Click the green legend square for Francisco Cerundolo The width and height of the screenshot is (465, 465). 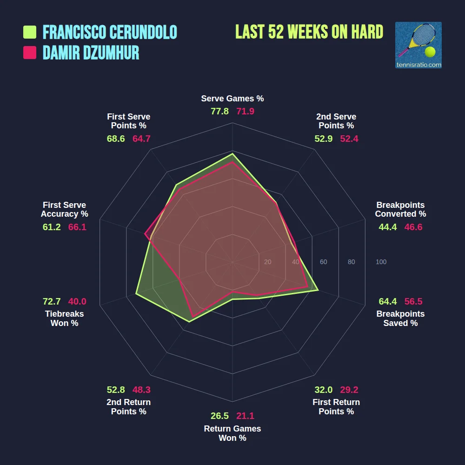coord(30,32)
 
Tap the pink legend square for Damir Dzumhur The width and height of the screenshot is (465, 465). coord(30,53)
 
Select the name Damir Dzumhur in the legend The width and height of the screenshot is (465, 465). coord(91,53)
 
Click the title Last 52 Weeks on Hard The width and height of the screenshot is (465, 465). coord(309,32)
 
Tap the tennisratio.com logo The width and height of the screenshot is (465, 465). coord(418,45)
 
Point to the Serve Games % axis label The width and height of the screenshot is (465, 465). coord(232,99)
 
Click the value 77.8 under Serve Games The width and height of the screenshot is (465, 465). coord(219,112)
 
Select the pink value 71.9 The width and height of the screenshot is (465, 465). coord(246,112)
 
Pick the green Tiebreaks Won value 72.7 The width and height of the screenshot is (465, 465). coord(52,301)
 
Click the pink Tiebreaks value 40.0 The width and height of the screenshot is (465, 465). coord(77,301)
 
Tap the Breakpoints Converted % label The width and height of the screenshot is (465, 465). coord(400,209)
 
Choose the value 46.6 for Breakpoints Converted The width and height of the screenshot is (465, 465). coord(413,227)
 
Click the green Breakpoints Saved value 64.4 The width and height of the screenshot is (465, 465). coord(388,301)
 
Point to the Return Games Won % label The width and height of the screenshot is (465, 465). coord(232,433)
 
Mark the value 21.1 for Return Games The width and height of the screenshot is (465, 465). coord(246,416)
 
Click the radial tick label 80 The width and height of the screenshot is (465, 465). coord(351,262)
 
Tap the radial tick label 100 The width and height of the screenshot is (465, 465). coord(381,262)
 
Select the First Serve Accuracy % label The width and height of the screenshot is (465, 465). coord(64,209)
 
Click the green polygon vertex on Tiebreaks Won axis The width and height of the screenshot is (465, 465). coord(136,293)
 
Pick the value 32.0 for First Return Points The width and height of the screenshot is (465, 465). coord(323,390)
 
